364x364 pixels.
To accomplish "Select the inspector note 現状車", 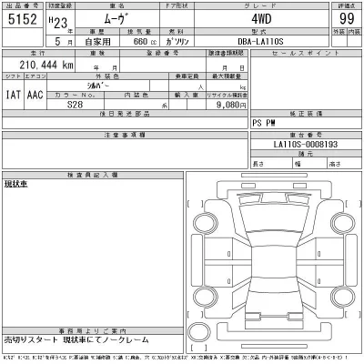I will [15, 184].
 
